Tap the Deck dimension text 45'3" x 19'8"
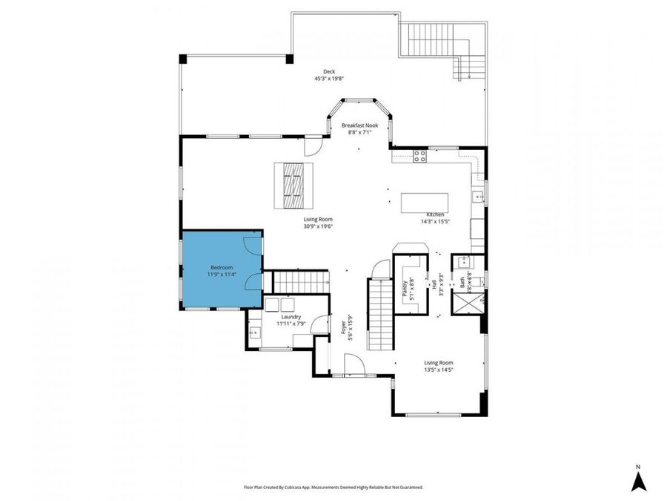pos(329,78)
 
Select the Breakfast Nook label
pos(359,125)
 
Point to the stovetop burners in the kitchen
pos(419,156)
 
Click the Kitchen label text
pos(436,214)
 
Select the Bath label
pos(462,282)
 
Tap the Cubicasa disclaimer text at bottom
pos(333,488)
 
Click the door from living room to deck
pos(314,144)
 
